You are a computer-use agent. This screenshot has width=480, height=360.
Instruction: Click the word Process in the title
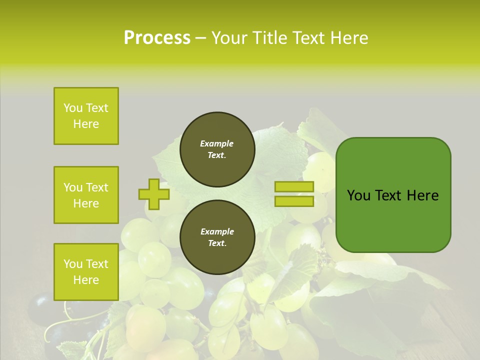tap(157, 38)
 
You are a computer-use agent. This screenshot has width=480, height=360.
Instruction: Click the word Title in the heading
tap(267, 38)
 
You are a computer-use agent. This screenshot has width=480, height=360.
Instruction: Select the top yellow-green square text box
tap(86, 116)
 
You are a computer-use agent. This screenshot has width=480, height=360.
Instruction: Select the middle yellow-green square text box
tap(86, 195)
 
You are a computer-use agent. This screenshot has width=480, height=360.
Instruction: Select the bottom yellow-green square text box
tap(86, 272)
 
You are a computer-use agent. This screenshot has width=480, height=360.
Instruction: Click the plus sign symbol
tap(154, 194)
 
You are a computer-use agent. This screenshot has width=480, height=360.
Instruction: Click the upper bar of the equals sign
tap(294, 187)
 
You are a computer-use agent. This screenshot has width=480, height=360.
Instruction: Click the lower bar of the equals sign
tap(294, 201)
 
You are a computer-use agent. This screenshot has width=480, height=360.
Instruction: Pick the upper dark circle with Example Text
tap(217, 149)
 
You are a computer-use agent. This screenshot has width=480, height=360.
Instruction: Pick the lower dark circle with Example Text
tap(217, 237)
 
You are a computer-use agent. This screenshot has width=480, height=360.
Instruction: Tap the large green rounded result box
tap(393, 195)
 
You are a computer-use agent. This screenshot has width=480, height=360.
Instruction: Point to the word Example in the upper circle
tap(217, 144)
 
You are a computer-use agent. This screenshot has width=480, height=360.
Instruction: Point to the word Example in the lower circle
tap(217, 232)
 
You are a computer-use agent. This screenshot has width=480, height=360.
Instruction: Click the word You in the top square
tap(72, 108)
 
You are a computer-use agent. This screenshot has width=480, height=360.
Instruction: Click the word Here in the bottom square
tap(86, 280)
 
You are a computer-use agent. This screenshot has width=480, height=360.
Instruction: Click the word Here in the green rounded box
tap(422, 195)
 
